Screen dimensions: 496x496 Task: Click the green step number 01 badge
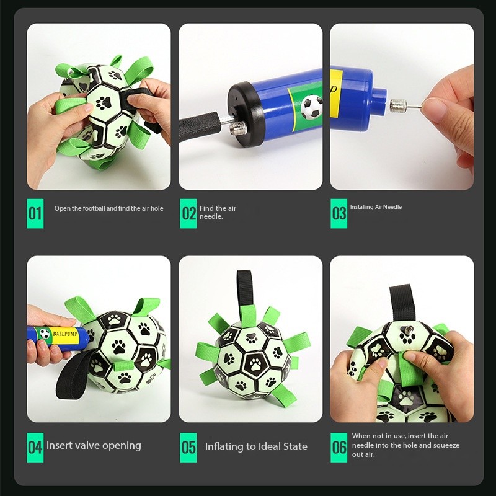tap(35, 213)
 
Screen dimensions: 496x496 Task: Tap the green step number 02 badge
tap(188, 213)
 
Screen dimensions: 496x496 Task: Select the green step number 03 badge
tap(339, 213)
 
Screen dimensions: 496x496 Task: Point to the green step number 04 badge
tap(35, 447)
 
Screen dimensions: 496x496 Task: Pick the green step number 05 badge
tap(188, 447)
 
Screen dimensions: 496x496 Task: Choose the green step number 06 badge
tap(339, 447)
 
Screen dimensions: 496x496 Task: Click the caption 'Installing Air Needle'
tap(376, 207)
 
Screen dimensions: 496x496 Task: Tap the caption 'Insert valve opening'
tap(94, 445)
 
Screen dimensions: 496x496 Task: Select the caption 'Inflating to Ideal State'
tap(256, 446)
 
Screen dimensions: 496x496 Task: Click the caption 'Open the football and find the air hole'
tap(109, 208)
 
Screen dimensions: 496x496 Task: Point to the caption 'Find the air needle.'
tap(218, 212)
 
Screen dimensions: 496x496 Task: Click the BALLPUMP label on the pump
tap(65, 334)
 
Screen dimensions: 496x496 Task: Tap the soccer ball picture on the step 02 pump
tap(311, 107)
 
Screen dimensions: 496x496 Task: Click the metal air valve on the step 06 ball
tap(407, 331)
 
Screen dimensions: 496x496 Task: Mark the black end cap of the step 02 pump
tap(245, 115)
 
